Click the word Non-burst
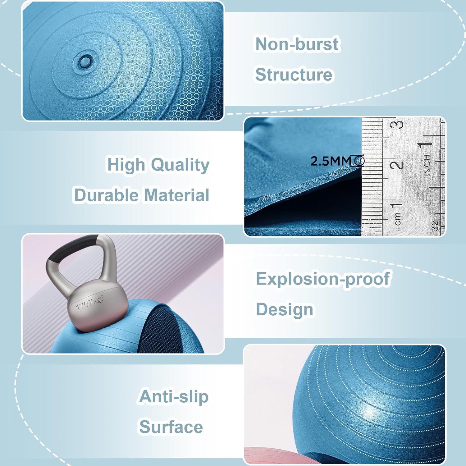click(297, 44)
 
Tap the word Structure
click(294, 75)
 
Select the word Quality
click(180, 165)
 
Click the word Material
click(177, 195)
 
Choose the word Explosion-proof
click(323, 279)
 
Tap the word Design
click(285, 309)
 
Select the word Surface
click(171, 427)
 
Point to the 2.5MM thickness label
click(331, 161)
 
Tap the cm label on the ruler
click(398, 218)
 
